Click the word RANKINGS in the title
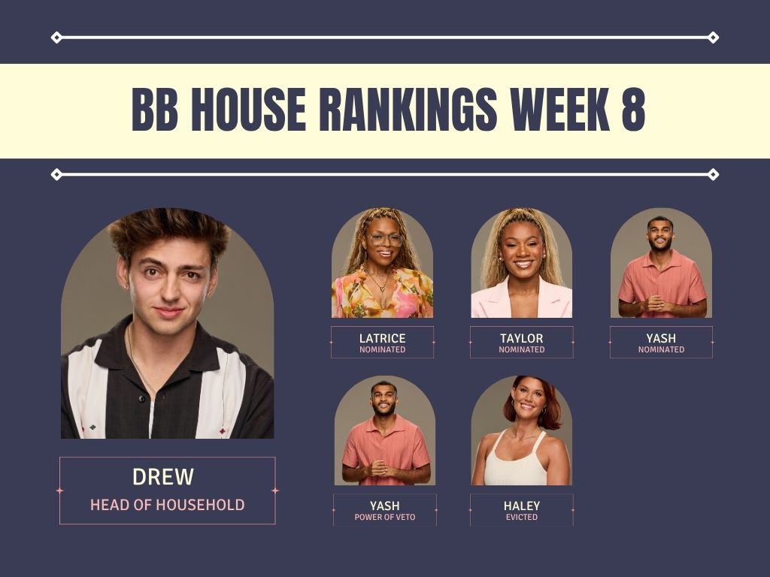[x=408, y=110]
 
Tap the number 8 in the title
[x=633, y=110]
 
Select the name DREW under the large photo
[x=163, y=477]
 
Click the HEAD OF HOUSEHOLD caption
[x=168, y=505]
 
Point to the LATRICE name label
[x=383, y=339]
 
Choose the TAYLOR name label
[x=522, y=339]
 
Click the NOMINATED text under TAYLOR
[x=522, y=350]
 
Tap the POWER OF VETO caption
[x=385, y=517]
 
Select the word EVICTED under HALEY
[x=522, y=517]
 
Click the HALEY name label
[x=522, y=506]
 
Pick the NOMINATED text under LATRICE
[x=383, y=350]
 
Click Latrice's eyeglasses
[x=384, y=240]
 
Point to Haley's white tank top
[x=516, y=464]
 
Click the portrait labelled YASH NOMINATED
[x=661, y=263]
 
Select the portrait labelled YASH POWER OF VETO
[x=385, y=430]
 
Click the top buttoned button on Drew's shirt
[x=142, y=398]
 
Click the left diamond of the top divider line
[x=56, y=38]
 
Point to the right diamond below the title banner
[x=713, y=174]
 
